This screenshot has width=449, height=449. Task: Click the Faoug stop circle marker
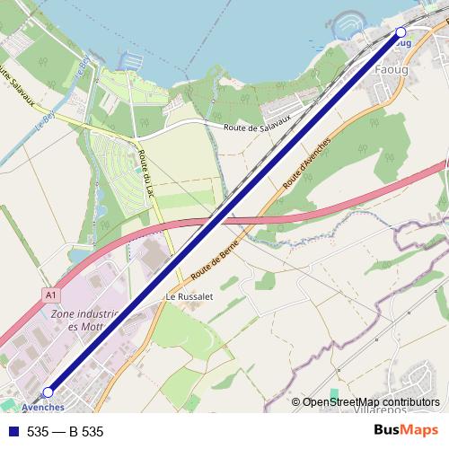(x=401, y=32)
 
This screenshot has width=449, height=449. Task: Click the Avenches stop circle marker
(x=48, y=392)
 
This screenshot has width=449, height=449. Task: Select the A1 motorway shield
(x=50, y=293)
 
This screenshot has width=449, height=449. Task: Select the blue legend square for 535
(x=11, y=432)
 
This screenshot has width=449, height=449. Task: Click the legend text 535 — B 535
(x=66, y=432)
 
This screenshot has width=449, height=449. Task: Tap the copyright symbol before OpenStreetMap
(x=295, y=402)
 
